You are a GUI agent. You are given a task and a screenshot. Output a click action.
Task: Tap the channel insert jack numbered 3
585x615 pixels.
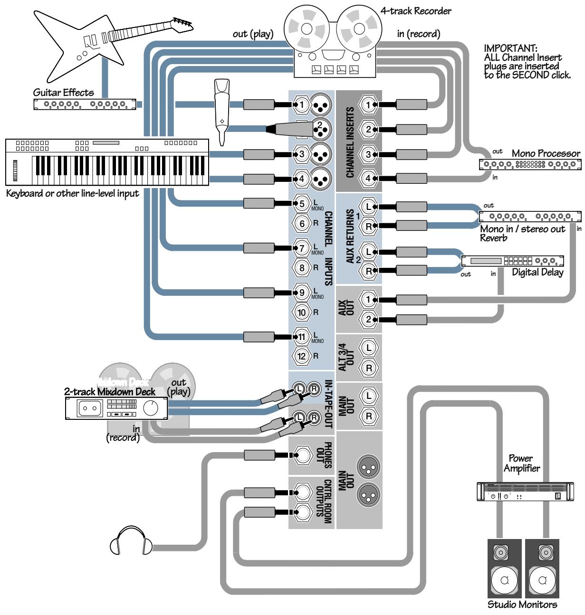368,154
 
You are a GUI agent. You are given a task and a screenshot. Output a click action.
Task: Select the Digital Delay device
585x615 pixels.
512,261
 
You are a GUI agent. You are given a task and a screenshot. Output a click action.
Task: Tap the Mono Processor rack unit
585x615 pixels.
529,165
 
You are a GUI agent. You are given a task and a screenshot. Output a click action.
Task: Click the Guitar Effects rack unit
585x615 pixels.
85,104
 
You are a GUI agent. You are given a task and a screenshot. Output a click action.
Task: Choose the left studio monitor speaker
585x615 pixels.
504,568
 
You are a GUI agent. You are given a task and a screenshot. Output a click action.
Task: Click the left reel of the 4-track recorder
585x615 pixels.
306,30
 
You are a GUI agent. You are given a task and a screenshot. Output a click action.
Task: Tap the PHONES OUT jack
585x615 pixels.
301,455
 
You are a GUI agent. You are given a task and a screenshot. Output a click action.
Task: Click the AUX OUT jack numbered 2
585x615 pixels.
368,320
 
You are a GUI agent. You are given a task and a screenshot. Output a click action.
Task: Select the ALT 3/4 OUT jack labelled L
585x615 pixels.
368,348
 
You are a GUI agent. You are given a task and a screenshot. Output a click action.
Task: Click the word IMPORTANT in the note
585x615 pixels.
510,48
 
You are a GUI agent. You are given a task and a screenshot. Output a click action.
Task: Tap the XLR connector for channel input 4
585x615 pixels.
320,179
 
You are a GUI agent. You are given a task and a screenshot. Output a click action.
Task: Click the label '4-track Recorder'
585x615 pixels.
416,10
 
